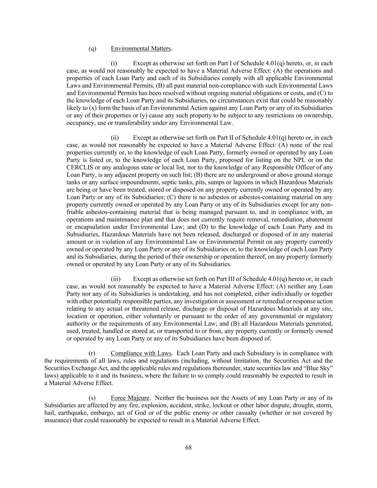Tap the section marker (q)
coord(92,49)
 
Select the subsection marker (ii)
coord(114,138)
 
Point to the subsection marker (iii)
coord(115,279)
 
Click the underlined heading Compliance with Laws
coord(141,353)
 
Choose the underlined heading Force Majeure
coord(130,398)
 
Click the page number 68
coord(188,448)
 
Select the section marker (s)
coord(92,398)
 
